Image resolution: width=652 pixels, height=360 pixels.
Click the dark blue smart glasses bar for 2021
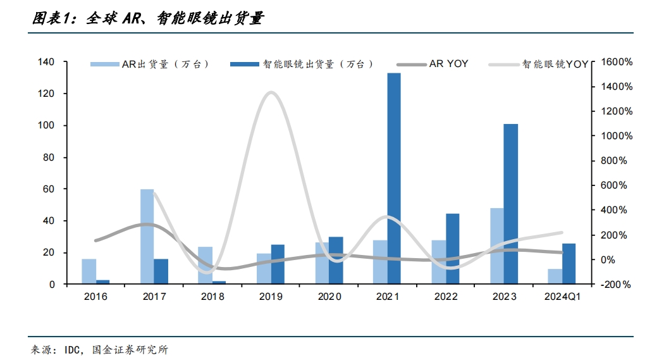[394, 178]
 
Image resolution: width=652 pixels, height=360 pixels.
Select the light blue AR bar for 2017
[147, 237]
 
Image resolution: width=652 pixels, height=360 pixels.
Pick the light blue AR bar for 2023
[497, 246]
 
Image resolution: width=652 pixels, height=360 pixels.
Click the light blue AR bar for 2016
[89, 271]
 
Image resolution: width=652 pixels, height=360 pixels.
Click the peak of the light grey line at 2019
[271, 92]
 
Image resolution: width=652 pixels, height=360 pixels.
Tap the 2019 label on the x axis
[271, 296]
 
